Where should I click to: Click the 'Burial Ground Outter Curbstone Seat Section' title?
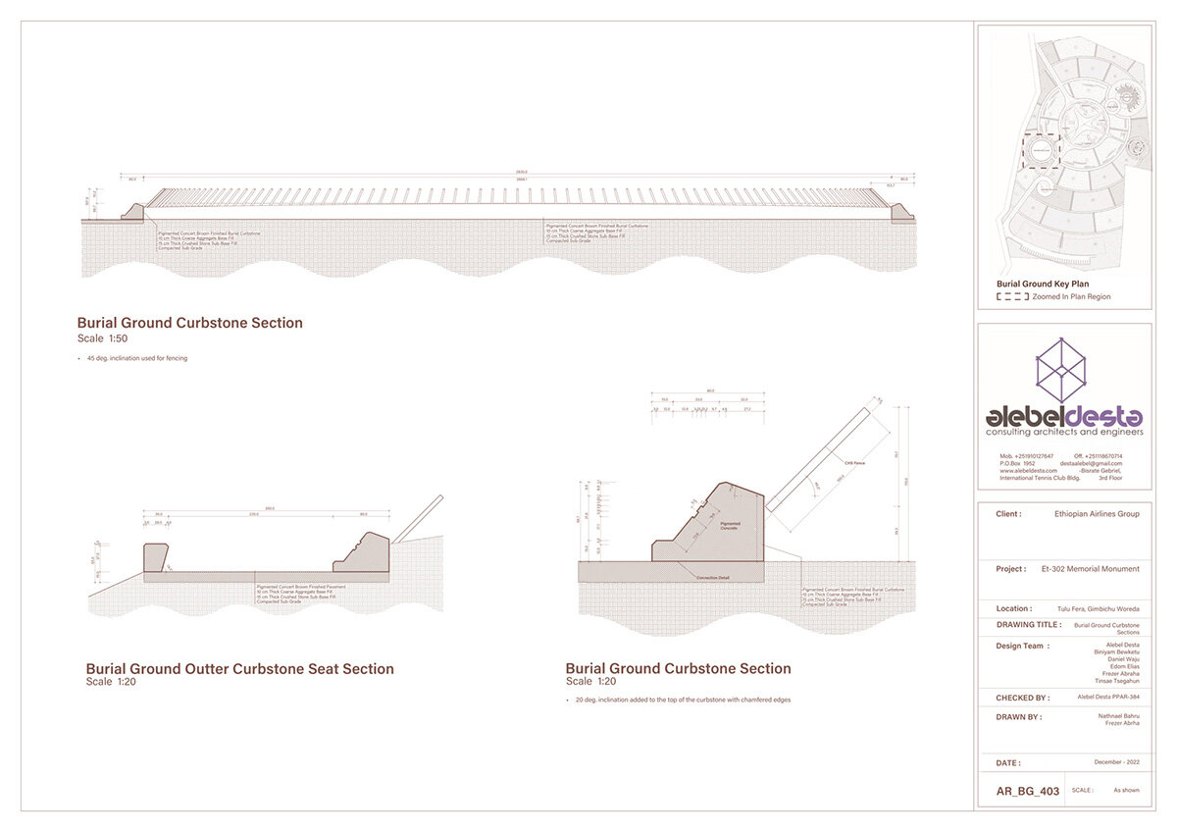[239, 669]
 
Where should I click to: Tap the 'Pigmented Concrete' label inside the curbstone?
[730, 527]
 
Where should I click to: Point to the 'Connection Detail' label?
[714, 577]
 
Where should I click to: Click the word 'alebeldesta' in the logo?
[1064, 416]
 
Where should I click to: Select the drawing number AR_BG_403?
[1028, 791]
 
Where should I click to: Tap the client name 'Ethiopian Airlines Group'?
[1097, 514]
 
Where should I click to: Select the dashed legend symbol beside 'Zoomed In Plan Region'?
[1013, 296]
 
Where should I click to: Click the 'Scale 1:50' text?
[102, 338]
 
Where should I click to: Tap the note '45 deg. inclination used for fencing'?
[135, 358]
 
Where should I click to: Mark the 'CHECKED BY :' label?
[1022, 699]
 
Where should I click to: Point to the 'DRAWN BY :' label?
[1019, 717]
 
